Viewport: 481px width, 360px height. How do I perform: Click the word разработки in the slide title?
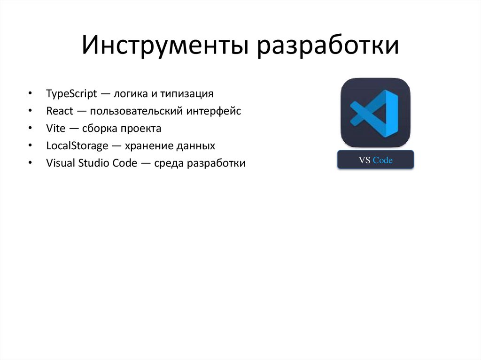click(327, 47)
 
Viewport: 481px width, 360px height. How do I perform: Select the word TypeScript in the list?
click(71, 93)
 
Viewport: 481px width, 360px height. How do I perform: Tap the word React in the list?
click(59, 111)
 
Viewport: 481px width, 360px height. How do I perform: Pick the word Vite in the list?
click(56, 129)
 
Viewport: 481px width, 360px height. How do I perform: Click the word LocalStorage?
click(77, 146)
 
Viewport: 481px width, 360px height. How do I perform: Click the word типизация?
click(186, 93)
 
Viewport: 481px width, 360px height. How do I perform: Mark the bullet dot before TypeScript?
click(31, 94)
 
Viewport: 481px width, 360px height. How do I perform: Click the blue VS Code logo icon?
click(375, 113)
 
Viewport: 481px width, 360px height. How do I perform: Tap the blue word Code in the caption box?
click(383, 161)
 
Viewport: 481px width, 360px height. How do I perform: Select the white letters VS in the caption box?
click(365, 161)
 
